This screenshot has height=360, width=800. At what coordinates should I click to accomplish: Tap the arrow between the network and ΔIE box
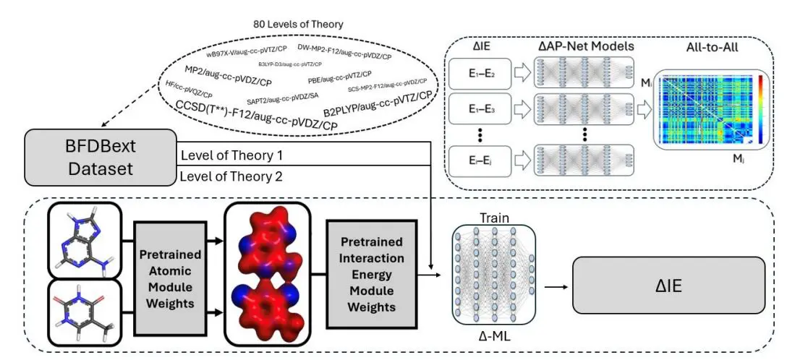pos(553,286)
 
